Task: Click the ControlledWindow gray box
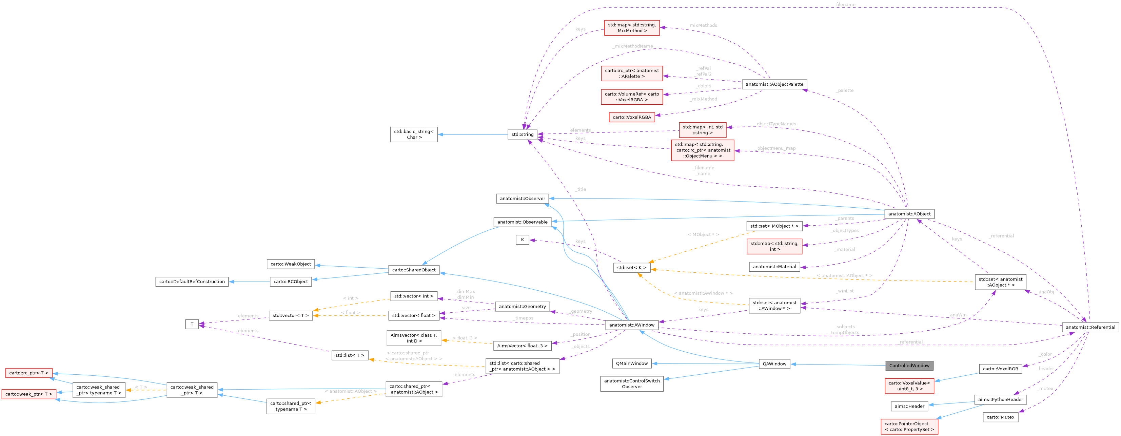pos(909,366)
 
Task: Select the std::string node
pos(522,134)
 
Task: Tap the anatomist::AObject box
pos(909,214)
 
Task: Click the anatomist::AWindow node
pos(631,325)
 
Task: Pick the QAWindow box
pos(774,364)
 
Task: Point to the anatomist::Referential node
pos(1090,327)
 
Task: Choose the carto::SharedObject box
pos(413,270)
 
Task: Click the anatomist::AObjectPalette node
pos(774,84)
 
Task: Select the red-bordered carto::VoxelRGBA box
pos(631,117)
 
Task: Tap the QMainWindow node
pos(631,364)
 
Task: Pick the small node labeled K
pos(522,240)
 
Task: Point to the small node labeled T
pos(192,324)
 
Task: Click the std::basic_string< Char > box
pos(413,134)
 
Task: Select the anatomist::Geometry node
pos(522,307)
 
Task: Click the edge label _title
pos(581,189)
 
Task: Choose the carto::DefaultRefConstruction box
pos(192,282)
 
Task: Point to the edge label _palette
pos(844,90)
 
